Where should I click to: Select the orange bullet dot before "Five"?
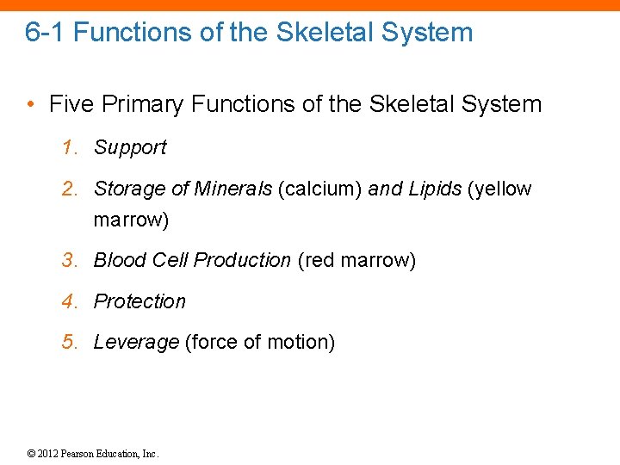point(30,105)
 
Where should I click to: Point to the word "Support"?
point(130,147)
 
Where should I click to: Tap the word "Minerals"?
point(232,189)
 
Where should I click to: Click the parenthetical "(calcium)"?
point(319,189)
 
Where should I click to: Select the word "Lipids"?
point(434,189)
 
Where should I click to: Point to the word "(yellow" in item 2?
point(499,189)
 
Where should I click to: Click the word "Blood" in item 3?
point(120,260)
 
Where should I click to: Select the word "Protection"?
point(139,301)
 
